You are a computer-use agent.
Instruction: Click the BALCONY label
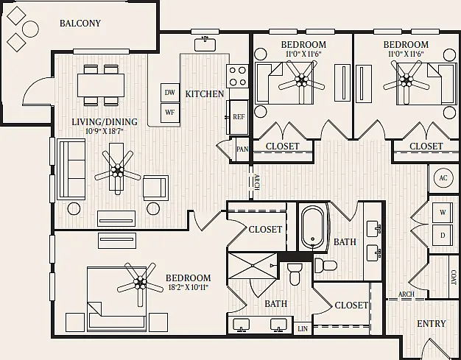pyautogui.click(x=80, y=24)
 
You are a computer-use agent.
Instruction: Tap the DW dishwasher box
pyautogui.click(x=170, y=93)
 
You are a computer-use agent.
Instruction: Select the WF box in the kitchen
pyautogui.click(x=170, y=113)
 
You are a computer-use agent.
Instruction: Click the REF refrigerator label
pyautogui.click(x=239, y=116)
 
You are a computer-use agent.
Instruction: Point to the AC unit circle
pyautogui.click(x=443, y=178)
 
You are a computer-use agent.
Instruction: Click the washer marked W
pyautogui.click(x=443, y=213)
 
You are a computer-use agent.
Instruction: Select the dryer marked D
pyautogui.click(x=443, y=235)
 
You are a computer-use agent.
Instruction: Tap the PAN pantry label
pyautogui.click(x=242, y=149)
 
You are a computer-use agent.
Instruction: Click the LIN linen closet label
pyautogui.click(x=303, y=328)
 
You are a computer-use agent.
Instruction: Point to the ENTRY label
pyautogui.click(x=432, y=324)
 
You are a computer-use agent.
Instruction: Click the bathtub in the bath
pyautogui.click(x=313, y=227)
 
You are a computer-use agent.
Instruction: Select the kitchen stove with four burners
pyautogui.click(x=237, y=75)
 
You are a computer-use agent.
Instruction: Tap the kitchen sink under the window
pyautogui.click(x=205, y=43)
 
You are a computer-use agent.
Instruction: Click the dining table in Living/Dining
pyautogui.click(x=101, y=85)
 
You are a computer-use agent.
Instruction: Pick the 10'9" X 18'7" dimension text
pyautogui.click(x=104, y=131)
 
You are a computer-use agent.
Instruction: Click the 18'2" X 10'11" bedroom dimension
pyautogui.click(x=189, y=287)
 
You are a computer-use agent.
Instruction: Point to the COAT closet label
pyautogui.click(x=454, y=278)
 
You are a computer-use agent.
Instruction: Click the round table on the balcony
pyautogui.click(x=31, y=29)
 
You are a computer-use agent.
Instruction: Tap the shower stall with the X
pyautogui.click(x=253, y=266)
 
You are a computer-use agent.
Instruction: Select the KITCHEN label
pyautogui.click(x=205, y=94)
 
